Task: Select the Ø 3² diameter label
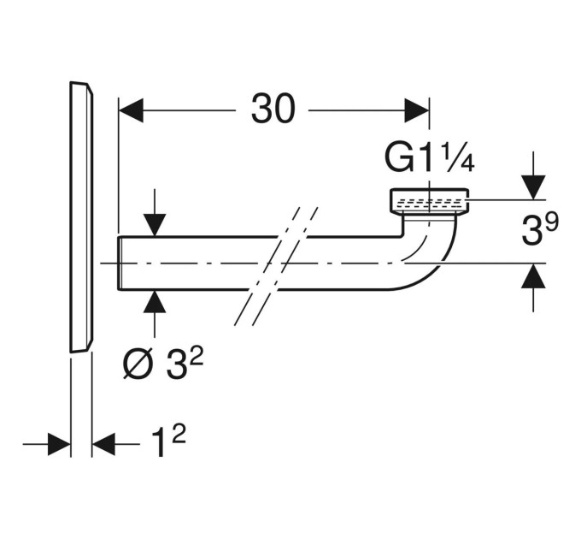163,365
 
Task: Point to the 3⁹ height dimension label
539,229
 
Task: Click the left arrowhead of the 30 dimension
131,110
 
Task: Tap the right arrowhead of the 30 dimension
416,110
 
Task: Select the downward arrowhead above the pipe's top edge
155,224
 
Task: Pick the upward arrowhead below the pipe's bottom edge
155,302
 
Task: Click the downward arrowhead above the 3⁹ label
533,187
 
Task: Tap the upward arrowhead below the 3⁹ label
533,275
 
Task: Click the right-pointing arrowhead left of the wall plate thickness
59,444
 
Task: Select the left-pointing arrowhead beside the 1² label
103,444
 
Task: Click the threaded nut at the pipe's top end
430,202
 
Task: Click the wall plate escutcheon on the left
81,217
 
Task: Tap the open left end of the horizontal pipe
120,263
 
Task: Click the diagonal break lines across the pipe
276,266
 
